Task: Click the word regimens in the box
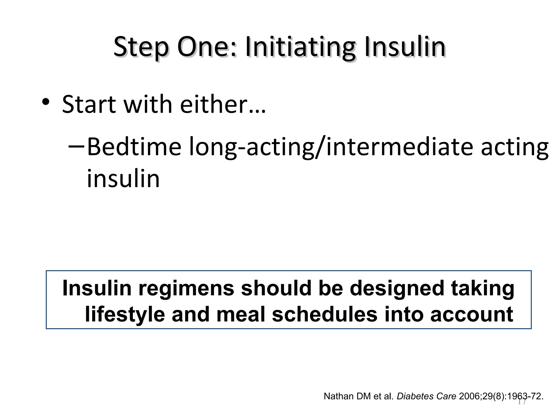coord(186,288)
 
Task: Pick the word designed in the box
coord(397,288)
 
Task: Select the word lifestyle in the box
coord(125,314)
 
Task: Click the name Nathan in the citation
coord(339,396)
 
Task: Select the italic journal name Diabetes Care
coord(426,396)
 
